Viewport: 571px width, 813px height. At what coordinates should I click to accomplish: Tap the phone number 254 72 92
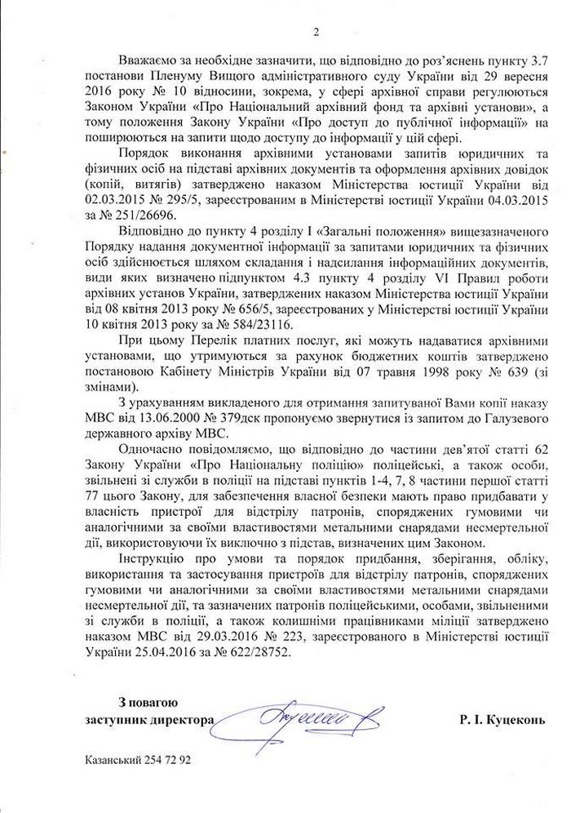tap(168, 759)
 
